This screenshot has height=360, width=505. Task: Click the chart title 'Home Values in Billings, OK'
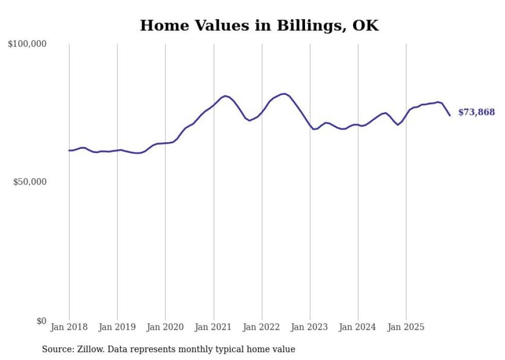tap(259, 25)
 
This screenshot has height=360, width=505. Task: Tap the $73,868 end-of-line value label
tap(476, 112)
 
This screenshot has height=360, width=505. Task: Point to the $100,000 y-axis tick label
tap(27, 44)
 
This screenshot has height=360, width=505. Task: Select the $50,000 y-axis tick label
tap(29, 182)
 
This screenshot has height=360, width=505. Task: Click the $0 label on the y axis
tap(41, 321)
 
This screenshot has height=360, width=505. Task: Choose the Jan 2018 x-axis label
tap(69, 327)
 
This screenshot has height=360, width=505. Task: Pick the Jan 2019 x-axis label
tap(117, 327)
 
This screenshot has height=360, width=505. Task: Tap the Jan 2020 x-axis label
tap(165, 327)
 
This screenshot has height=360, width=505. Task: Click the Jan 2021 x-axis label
tap(213, 327)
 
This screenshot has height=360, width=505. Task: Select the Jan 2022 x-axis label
tap(262, 327)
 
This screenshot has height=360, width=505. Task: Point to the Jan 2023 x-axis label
tap(310, 327)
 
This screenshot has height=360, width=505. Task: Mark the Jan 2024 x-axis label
tap(358, 327)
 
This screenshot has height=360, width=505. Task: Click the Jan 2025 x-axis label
tap(406, 327)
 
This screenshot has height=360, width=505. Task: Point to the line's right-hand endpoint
tap(450, 115)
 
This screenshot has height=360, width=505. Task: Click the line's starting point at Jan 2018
tap(69, 150)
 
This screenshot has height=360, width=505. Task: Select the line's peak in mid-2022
tap(284, 94)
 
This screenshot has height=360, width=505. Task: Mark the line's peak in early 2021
tap(225, 96)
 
